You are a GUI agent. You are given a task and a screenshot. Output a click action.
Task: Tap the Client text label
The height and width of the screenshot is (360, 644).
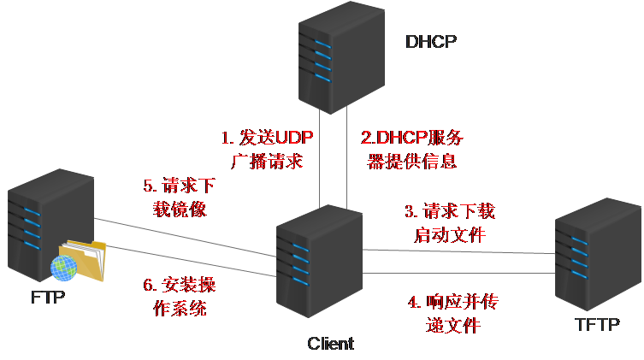(330, 344)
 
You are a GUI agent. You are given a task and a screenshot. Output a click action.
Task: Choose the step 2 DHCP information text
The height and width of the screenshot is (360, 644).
(412, 149)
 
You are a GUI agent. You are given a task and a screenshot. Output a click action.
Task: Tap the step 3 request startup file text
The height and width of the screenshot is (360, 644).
(449, 222)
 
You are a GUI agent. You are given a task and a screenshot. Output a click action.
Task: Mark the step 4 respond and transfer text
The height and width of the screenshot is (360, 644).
(452, 314)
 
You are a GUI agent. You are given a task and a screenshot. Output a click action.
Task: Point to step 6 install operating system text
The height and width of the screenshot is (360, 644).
(180, 297)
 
